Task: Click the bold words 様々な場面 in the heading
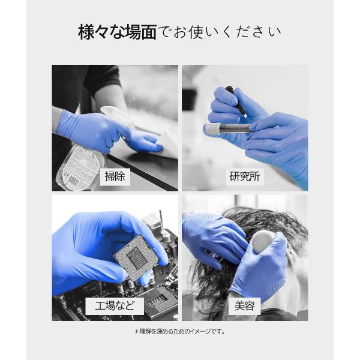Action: pos(118,32)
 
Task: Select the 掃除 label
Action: pos(115,176)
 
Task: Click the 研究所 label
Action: pos(245,176)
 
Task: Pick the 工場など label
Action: pos(115,306)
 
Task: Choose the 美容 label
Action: pos(245,306)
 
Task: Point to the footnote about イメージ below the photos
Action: pos(180,332)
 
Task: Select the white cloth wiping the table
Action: pos(166,143)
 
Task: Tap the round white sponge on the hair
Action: pos(262,242)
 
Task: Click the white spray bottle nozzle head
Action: pos(117,114)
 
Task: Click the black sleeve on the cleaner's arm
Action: pos(104,80)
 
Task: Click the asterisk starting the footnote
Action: pos(136,332)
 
